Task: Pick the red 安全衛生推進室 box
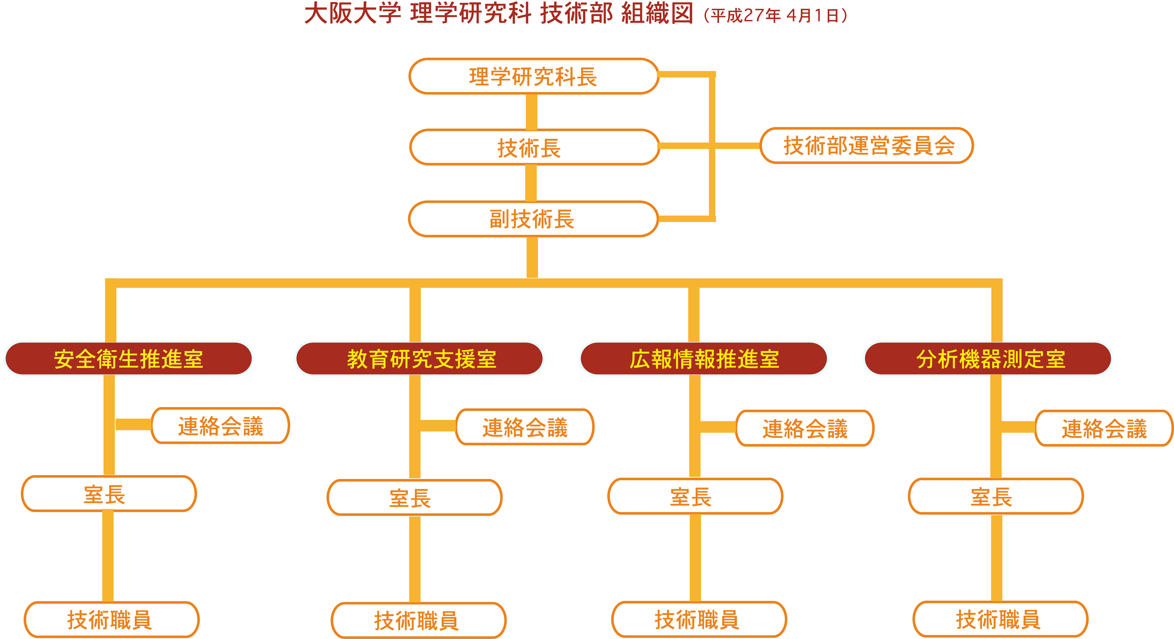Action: (128, 359)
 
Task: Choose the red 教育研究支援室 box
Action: (419, 359)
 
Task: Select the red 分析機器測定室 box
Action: (988, 359)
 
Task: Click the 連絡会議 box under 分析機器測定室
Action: (1104, 428)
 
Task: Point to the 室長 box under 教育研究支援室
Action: (414, 497)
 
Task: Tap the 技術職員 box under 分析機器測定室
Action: (1000, 619)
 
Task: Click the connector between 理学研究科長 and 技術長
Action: (531, 112)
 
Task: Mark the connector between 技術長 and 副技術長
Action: (531, 183)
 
